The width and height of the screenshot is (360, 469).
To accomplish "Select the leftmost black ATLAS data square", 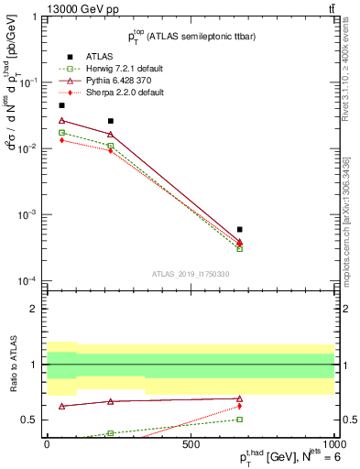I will pos(61,105).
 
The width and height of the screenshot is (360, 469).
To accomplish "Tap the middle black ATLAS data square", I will pos(110,121).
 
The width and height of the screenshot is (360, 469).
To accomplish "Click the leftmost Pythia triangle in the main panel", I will pos(61,120).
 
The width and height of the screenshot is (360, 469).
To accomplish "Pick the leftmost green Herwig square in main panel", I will pos(61,133).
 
